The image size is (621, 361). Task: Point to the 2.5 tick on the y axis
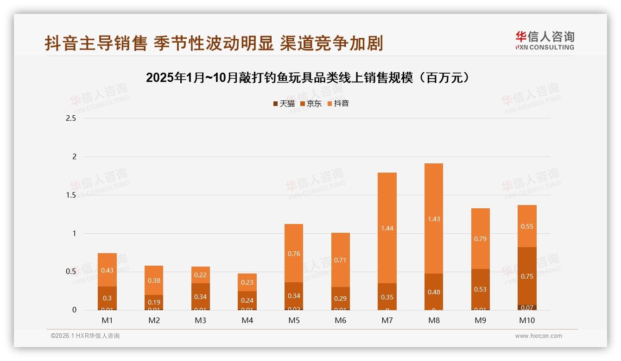coord(71,118)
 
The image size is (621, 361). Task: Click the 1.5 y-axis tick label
coord(71,195)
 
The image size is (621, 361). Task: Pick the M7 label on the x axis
coord(387,320)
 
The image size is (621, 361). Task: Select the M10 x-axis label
coord(527,320)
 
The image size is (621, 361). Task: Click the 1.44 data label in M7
coord(387,228)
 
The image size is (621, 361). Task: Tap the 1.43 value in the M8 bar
coord(434,219)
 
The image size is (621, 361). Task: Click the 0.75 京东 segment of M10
coord(527,276)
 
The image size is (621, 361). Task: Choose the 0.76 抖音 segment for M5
coord(294,254)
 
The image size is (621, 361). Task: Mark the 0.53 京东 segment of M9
coord(481,289)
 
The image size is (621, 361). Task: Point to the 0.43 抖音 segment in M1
coord(107,270)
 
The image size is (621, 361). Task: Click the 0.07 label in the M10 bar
coord(527,307)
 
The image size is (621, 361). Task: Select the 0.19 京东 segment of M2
coord(154,302)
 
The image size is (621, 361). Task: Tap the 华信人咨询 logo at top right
coord(545,40)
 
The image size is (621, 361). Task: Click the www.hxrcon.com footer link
coord(539,336)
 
